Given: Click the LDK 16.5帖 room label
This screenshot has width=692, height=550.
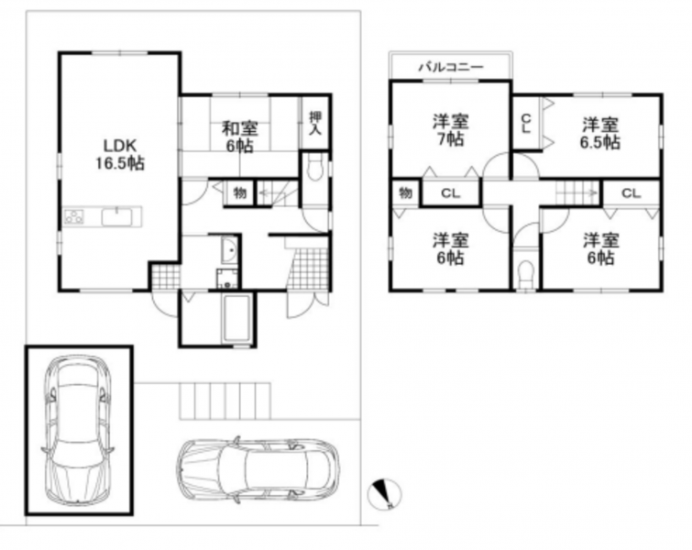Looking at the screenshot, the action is click(120, 154).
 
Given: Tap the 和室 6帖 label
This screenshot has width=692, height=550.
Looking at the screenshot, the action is click(239, 137).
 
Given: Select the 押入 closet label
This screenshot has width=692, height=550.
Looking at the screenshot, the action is click(315, 123).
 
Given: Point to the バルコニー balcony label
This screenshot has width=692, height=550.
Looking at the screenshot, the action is click(451, 67).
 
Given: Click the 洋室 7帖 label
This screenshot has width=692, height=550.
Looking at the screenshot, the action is click(451, 130).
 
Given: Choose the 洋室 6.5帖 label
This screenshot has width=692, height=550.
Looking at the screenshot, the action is click(600, 133).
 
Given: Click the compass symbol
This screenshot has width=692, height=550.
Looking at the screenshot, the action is click(384, 494).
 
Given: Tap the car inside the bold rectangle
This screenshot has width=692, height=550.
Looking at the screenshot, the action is click(77, 430).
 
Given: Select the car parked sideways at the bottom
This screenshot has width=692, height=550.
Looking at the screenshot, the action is click(258, 469).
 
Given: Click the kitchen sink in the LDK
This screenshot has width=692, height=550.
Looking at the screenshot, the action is click(116, 217).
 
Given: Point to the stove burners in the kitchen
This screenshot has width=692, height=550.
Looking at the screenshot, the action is click(74, 216).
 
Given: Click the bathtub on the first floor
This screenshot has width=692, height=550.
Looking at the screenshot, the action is click(237, 319).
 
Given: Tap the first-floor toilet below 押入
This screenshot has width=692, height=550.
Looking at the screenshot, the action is click(314, 168).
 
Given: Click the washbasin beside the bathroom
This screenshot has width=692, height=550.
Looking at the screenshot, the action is click(229, 251).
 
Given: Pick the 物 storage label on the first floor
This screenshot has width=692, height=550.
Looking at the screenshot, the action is click(239, 192).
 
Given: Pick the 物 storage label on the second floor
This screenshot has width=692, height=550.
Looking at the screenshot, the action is click(406, 192).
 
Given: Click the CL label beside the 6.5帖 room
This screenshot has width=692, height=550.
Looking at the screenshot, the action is click(525, 124).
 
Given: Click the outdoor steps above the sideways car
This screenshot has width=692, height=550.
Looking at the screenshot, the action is click(225, 401).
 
